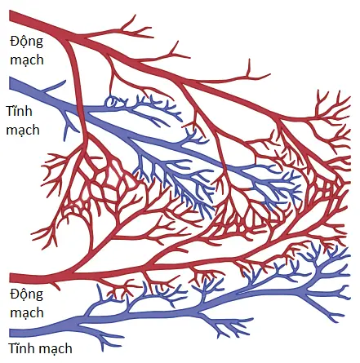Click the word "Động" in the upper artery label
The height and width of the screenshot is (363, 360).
(x=26, y=42)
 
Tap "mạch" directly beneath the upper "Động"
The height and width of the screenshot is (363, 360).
(x=27, y=60)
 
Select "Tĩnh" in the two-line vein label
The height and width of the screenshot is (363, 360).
(x=19, y=111)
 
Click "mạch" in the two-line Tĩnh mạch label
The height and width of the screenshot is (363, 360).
(x=23, y=130)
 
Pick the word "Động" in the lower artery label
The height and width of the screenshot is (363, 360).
(x=26, y=294)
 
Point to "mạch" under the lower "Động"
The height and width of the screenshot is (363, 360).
(x=27, y=312)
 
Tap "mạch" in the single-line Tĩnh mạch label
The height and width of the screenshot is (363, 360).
(x=56, y=348)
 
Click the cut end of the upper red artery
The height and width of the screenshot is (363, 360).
(x=10, y=15)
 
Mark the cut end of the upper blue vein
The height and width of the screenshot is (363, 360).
(x=10, y=83)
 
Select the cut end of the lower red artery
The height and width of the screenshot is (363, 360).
(x=10, y=278)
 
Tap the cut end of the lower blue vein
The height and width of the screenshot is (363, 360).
(x=10, y=333)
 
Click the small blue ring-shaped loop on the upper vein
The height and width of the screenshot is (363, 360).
(x=110, y=101)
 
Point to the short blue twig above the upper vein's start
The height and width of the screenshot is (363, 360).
(x=55, y=86)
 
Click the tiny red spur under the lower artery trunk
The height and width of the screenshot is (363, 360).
(x=56, y=286)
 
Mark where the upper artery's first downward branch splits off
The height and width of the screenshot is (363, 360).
(x=65, y=40)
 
